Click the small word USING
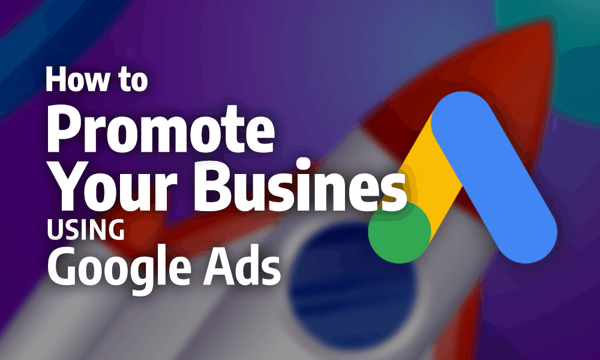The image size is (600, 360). coord(86,229)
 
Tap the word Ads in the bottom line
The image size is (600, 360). coord(241,265)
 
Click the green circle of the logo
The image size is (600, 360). coord(400,232)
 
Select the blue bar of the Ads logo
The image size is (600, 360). coord(494,177)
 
